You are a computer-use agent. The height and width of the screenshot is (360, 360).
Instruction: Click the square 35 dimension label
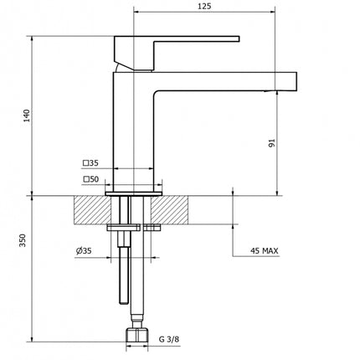tap(90, 163)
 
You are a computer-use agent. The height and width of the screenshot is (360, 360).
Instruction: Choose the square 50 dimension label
tap(90, 178)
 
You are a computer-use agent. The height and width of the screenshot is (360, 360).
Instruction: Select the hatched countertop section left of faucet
tap(90, 208)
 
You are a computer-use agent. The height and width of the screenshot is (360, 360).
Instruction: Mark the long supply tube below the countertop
tap(126, 276)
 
